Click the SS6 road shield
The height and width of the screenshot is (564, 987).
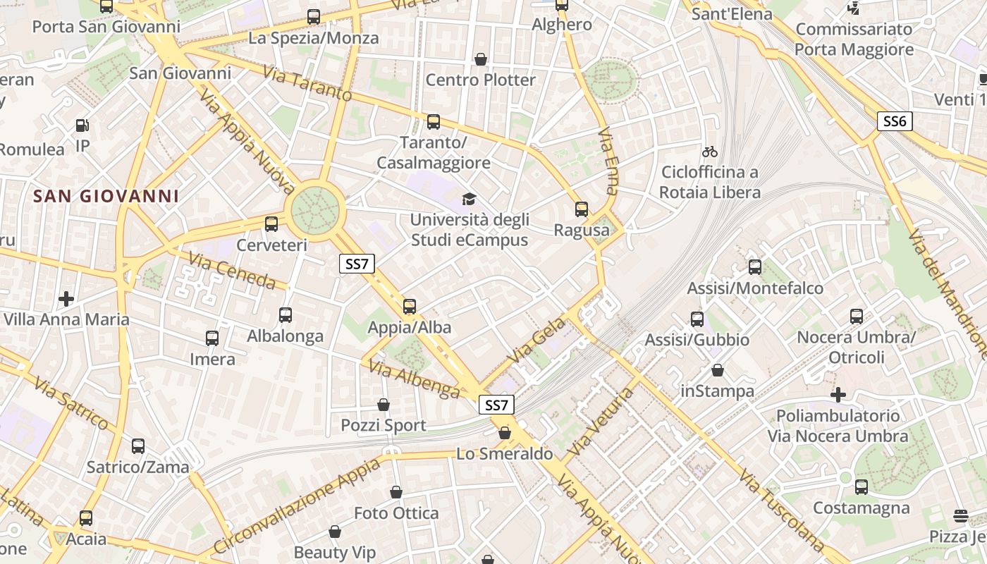(895, 121)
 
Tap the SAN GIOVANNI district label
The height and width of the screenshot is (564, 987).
(106, 196)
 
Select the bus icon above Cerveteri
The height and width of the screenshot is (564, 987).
(271, 224)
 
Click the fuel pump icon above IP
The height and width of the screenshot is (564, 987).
(82, 125)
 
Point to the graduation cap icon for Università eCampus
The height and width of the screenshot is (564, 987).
(469, 199)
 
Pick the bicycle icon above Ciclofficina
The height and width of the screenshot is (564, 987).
(710, 152)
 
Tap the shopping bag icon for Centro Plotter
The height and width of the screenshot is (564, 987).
(481, 59)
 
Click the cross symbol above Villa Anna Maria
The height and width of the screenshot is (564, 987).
(66, 299)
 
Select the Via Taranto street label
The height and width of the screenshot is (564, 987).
(307, 84)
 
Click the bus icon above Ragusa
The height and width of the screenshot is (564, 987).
(582, 209)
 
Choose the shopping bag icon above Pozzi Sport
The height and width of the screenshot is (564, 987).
(384, 405)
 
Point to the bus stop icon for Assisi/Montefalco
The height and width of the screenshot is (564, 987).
(755, 267)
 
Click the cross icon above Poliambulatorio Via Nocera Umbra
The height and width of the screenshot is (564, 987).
(838, 395)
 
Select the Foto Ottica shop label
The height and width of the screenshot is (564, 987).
(396, 513)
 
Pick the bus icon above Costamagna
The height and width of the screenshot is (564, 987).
(861, 486)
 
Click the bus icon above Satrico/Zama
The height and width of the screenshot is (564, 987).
(138, 446)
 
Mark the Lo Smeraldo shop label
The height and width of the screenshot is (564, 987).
(505, 454)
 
